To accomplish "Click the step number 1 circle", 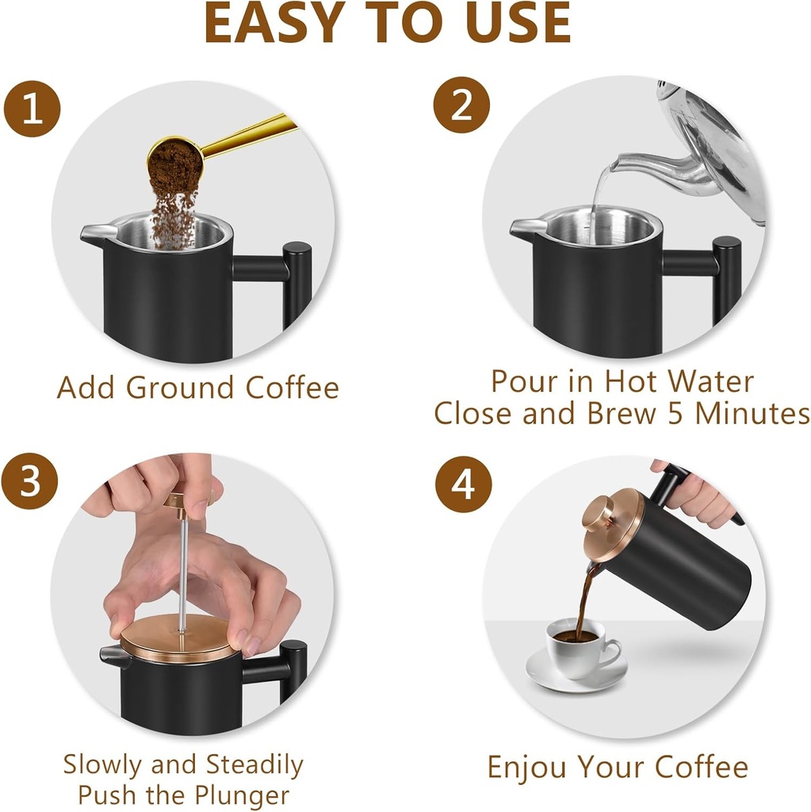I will (32, 109).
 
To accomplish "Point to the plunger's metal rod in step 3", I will (182, 563).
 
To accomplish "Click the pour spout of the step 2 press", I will (525, 230).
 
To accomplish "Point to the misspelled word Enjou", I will (527, 768).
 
